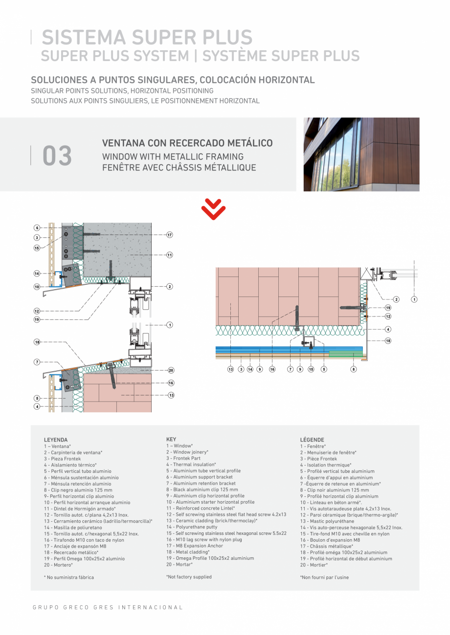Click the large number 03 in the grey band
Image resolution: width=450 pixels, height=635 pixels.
click(x=57, y=156)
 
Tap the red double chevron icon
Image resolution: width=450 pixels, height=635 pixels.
click(x=213, y=210)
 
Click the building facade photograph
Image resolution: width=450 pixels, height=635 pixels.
click(x=361, y=154)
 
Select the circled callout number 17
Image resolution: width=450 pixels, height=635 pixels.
click(x=170, y=235)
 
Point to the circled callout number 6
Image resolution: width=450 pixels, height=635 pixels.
click(x=37, y=228)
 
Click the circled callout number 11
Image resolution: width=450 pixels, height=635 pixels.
click(x=170, y=255)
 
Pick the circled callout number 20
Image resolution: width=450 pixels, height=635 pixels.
click(x=171, y=371)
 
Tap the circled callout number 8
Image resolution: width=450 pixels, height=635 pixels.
click(x=354, y=369)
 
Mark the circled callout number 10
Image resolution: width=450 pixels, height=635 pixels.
click(x=37, y=287)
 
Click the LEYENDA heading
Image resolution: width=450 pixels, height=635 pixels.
click(x=56, y=440)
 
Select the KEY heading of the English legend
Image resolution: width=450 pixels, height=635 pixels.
click(x=171, y=439)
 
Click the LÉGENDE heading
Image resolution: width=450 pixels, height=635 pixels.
click(x=312, y=440)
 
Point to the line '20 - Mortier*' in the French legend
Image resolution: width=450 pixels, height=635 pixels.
click(x=314, y=565)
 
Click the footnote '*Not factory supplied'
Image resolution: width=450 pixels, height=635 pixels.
click(x=189, y=577)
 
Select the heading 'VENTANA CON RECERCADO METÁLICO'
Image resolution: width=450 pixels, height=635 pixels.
click(x=187, y=144)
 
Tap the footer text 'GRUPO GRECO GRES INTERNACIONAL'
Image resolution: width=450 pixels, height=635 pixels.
click(x=108, y=608)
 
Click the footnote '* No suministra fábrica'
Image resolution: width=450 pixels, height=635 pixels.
click(x=68, y=577)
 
